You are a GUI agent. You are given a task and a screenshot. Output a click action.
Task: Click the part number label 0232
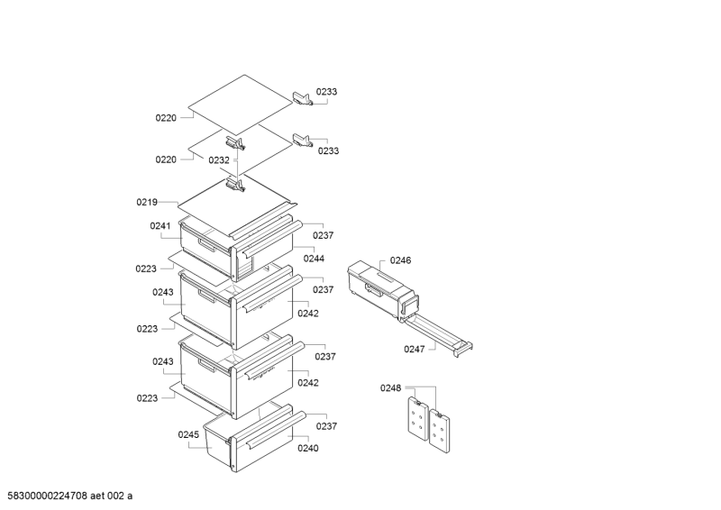point(219,159)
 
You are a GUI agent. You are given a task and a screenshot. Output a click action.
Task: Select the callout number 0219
point(147,202)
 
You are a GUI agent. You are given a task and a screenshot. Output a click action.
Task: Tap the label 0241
point(160,226)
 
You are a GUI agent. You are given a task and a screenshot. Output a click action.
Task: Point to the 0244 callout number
point(314,259)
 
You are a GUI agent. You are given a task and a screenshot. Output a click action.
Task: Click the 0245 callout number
point(188,434)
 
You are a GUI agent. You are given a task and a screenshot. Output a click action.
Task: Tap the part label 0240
point(308,448)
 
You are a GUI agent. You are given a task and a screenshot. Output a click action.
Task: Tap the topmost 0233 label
point(327,92)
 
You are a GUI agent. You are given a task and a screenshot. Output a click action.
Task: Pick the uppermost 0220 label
point(166,117)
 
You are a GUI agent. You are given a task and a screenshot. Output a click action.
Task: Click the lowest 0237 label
point(327,427)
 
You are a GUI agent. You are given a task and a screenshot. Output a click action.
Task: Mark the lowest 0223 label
point(148,397)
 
